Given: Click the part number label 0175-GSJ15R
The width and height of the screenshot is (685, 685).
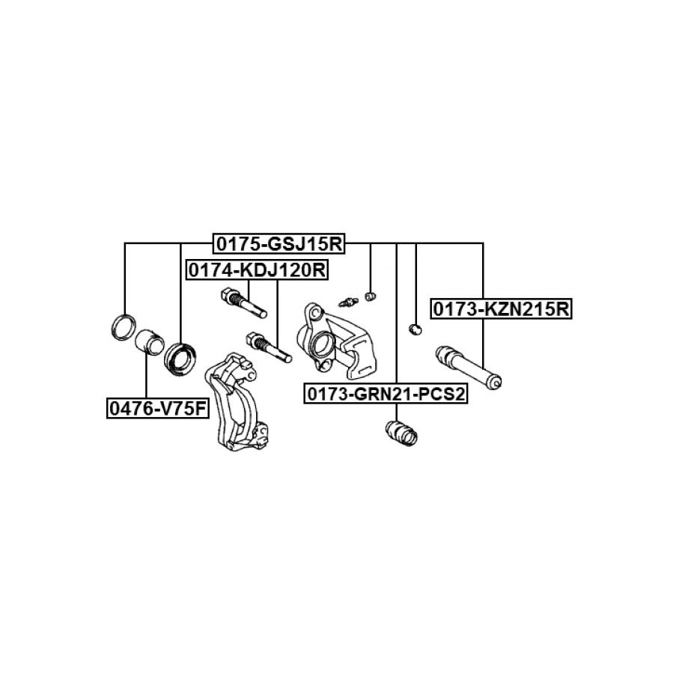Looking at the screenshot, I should pos(279,244).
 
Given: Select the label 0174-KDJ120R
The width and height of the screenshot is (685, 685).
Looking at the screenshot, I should pos(257,270).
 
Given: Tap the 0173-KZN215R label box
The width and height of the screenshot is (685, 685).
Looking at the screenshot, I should pos(500,308).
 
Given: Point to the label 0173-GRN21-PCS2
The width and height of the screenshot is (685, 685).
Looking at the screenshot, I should pos(385,394).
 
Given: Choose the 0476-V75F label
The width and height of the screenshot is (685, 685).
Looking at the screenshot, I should pos(156,408).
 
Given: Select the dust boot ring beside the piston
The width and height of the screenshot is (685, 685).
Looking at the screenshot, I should pos(180,359).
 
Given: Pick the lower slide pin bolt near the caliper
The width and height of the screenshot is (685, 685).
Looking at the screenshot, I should pos(268,347).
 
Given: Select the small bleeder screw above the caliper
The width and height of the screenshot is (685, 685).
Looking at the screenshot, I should pos(347,302).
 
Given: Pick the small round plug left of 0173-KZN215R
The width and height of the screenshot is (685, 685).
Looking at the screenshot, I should pos(415,329).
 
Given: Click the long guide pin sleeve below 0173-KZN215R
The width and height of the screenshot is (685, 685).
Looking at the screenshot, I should pos(469,366).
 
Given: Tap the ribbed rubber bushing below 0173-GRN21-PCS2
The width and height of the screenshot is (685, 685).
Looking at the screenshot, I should pos(401,433).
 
